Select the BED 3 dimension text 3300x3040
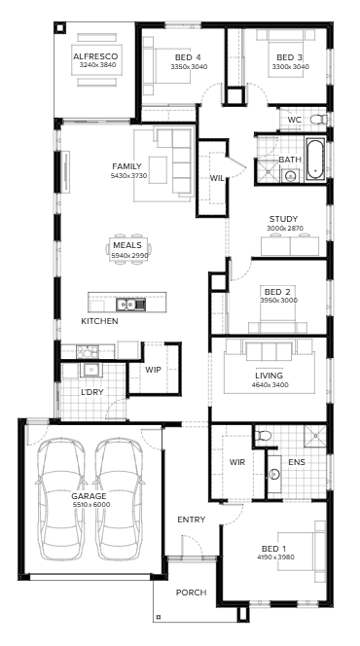(290, 67)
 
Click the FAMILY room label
(126, 166)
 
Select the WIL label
(218, 179)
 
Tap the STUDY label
(283, 219)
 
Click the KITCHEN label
(99, 321)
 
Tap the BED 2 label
(277, 291)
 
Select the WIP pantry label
(153, 370)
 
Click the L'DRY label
(91, 392)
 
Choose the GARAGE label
(89, 496)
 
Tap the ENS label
(297, 462)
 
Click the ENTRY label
(191, 520)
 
